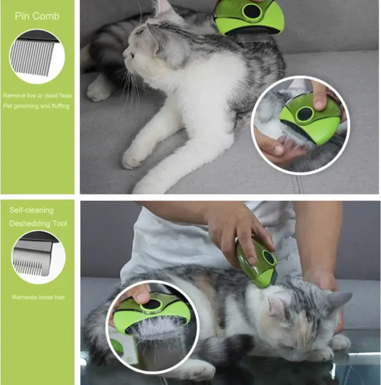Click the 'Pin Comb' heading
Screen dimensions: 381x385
37,16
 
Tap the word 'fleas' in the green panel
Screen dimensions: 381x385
65,95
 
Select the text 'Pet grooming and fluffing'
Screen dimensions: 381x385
36,106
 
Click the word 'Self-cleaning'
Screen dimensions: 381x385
32,210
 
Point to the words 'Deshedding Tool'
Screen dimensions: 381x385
38,223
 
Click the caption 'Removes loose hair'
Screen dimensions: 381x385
39,298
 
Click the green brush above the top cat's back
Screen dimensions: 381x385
249,18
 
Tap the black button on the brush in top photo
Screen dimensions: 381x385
251,11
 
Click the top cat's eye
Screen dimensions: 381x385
132,55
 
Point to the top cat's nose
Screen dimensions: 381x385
124,52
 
